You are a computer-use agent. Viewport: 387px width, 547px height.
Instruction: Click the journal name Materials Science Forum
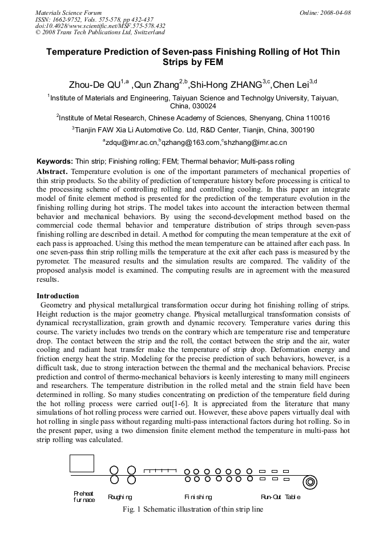point(68,12)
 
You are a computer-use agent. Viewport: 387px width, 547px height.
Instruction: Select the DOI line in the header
point(100,26)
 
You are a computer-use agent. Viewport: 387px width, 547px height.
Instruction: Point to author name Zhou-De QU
point(95,85)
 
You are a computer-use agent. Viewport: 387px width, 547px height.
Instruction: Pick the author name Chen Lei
point(291,85)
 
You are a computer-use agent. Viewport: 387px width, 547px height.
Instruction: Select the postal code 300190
point(299,130)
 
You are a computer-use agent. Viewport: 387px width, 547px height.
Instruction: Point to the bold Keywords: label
point(55,161)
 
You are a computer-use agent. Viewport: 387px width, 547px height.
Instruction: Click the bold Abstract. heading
point(53,172)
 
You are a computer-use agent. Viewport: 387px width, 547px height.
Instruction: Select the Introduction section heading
point(58,296)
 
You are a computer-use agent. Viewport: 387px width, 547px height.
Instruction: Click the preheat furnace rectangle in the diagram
point(82,463)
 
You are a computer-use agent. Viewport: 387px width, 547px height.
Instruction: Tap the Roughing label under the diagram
point(120,497)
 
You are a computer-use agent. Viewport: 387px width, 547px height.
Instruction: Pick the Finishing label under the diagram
point(198,497)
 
